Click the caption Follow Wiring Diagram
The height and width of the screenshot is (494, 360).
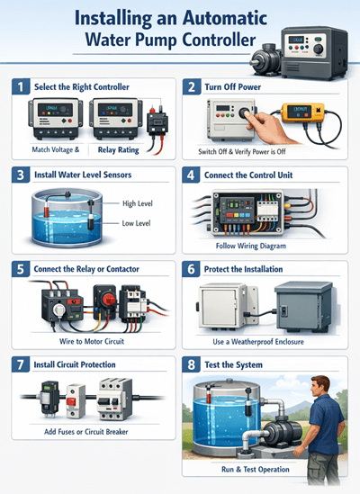pyautogui.click(x=264, y=245)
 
